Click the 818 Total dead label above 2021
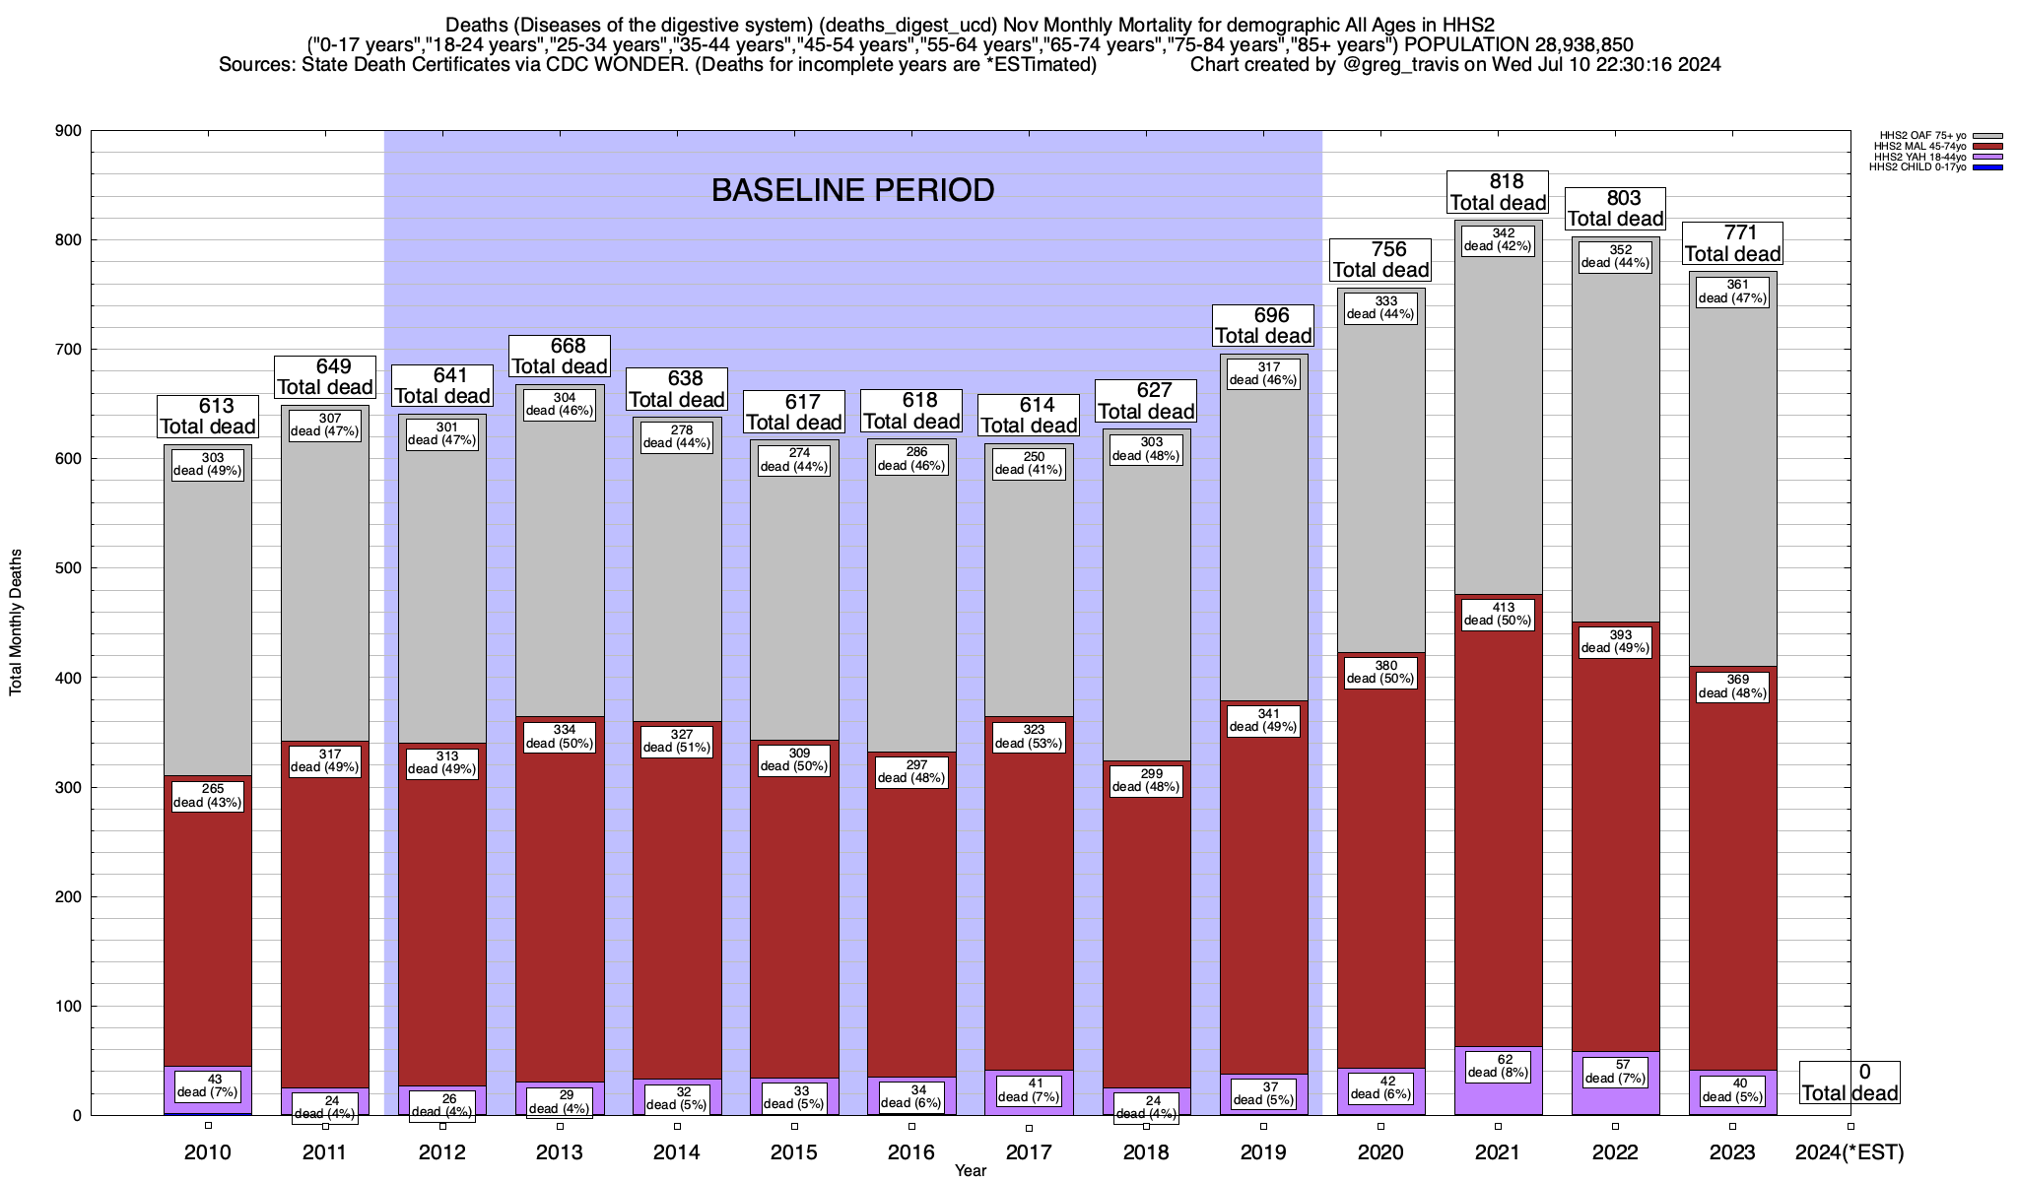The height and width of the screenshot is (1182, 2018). tap(1498, 192)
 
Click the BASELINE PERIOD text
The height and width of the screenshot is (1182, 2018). tap(852, 190)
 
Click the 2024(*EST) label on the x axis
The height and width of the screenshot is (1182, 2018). tap(1850, 1152)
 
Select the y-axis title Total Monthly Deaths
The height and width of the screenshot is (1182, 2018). tap(16, 623)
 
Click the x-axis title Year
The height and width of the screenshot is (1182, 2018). tap(970, 1171)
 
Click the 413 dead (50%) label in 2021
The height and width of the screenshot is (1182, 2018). tap(1498, 614)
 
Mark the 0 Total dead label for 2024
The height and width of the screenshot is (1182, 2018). tap(1850, 1083)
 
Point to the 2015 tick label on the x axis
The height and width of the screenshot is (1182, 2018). tap(794, 1152)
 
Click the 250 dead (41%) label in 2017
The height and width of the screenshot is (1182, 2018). tap(1029, 463)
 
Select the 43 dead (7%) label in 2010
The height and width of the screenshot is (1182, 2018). tap(208, 1085)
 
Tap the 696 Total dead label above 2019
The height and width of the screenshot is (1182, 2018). tap(1263, 325)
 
